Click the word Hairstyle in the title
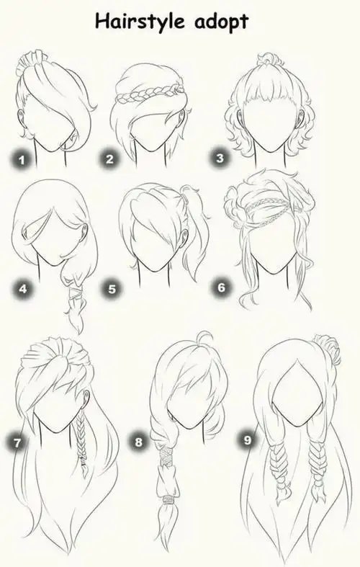140,22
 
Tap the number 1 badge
22,159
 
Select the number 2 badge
110,159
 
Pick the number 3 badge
220,158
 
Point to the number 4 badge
23,289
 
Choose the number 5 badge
112,289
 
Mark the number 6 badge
222,287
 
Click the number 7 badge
17,442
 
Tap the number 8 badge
139,442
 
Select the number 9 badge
247,440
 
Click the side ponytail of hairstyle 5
194,231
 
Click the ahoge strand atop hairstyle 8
204,339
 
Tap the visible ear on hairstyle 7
86,397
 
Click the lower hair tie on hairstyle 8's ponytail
168,500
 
